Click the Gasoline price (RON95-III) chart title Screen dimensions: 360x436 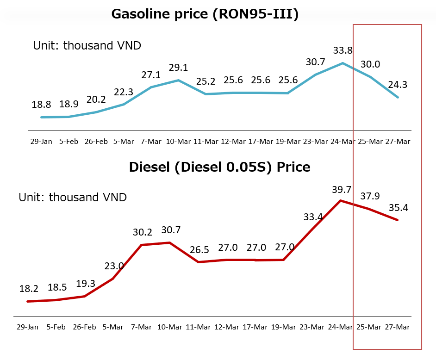click(x=205, y=14)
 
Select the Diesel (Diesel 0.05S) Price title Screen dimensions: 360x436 click(x=220, y=167)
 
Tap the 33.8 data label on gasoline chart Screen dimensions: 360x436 click(x=343, y=50)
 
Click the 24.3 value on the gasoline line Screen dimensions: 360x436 click(x=398, y=85)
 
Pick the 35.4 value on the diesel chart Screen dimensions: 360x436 click(x=398, y=207)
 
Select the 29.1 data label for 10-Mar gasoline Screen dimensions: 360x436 click(x=178, y=68)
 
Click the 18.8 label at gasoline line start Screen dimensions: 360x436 click(x=41, y=105)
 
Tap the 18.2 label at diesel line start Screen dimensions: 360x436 click(x=28, y=289)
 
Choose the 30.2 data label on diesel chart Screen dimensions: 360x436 click(x=142, y=232)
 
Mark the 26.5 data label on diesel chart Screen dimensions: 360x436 click(x=199, y=250)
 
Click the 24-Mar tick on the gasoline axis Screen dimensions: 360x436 click(x=343, y=141)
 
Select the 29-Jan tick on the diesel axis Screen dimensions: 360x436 click(x=28, y=327)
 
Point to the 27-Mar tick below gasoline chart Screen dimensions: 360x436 click(x=398, y=141)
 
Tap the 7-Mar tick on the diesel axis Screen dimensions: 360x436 click(x=142, y=327)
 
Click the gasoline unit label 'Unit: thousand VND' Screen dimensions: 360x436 click(x=87, y=45)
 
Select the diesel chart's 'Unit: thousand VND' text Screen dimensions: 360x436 click(x=73, y=197)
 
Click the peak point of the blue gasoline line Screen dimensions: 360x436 click(x=343, y=63)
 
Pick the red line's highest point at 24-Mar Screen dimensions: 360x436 click(x=341, y=200)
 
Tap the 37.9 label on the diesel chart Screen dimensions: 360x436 click(x=369, y=196)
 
